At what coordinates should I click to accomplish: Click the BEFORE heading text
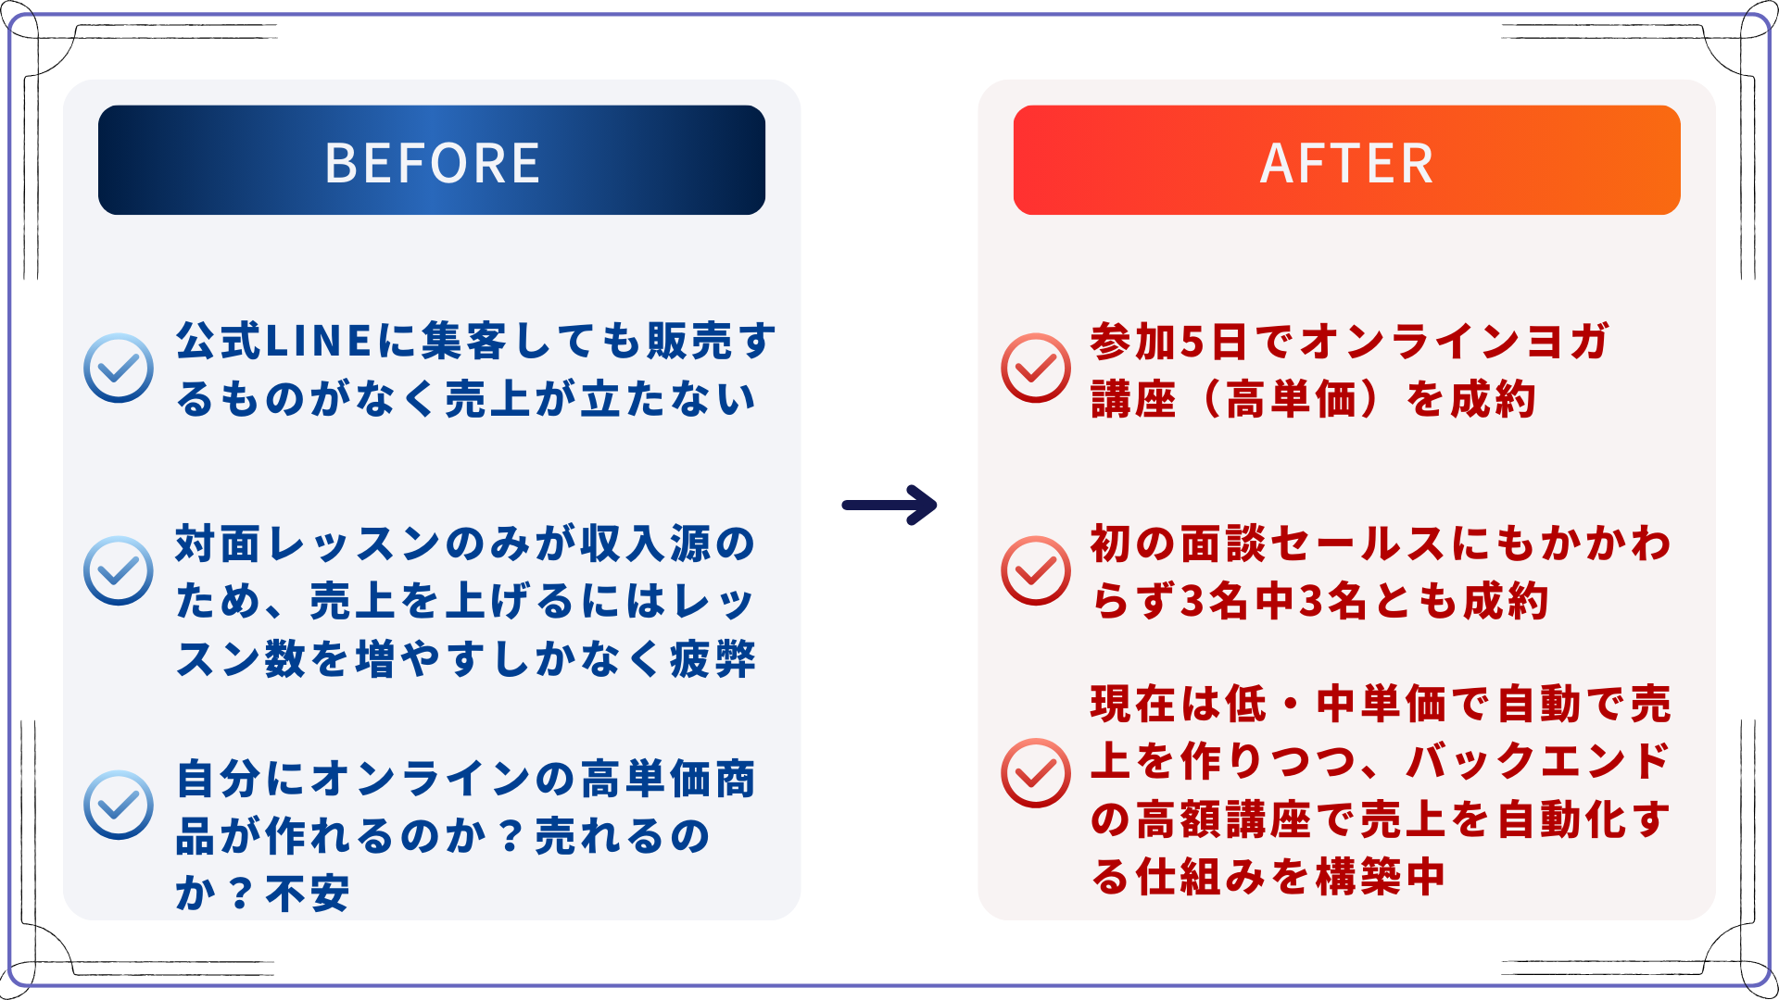pos(432,163)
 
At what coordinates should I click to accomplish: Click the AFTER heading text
pos(1346,164)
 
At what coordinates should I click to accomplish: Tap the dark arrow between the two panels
pos(889,505)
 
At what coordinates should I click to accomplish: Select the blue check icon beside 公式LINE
pos(119,368)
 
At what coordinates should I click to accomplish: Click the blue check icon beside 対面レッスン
pos(119,570)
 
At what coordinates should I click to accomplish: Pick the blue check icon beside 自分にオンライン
pos(119,805)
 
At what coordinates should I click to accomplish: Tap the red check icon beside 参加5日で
pos(1036,368)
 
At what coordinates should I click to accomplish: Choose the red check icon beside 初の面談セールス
pos(1036,570)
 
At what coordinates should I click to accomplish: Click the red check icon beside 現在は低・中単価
pos(1036,772)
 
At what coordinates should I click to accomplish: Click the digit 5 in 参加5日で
pos(1192,342)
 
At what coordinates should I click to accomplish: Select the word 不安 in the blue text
pos(308,894)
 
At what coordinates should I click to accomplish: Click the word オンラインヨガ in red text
pos(1455,342)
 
